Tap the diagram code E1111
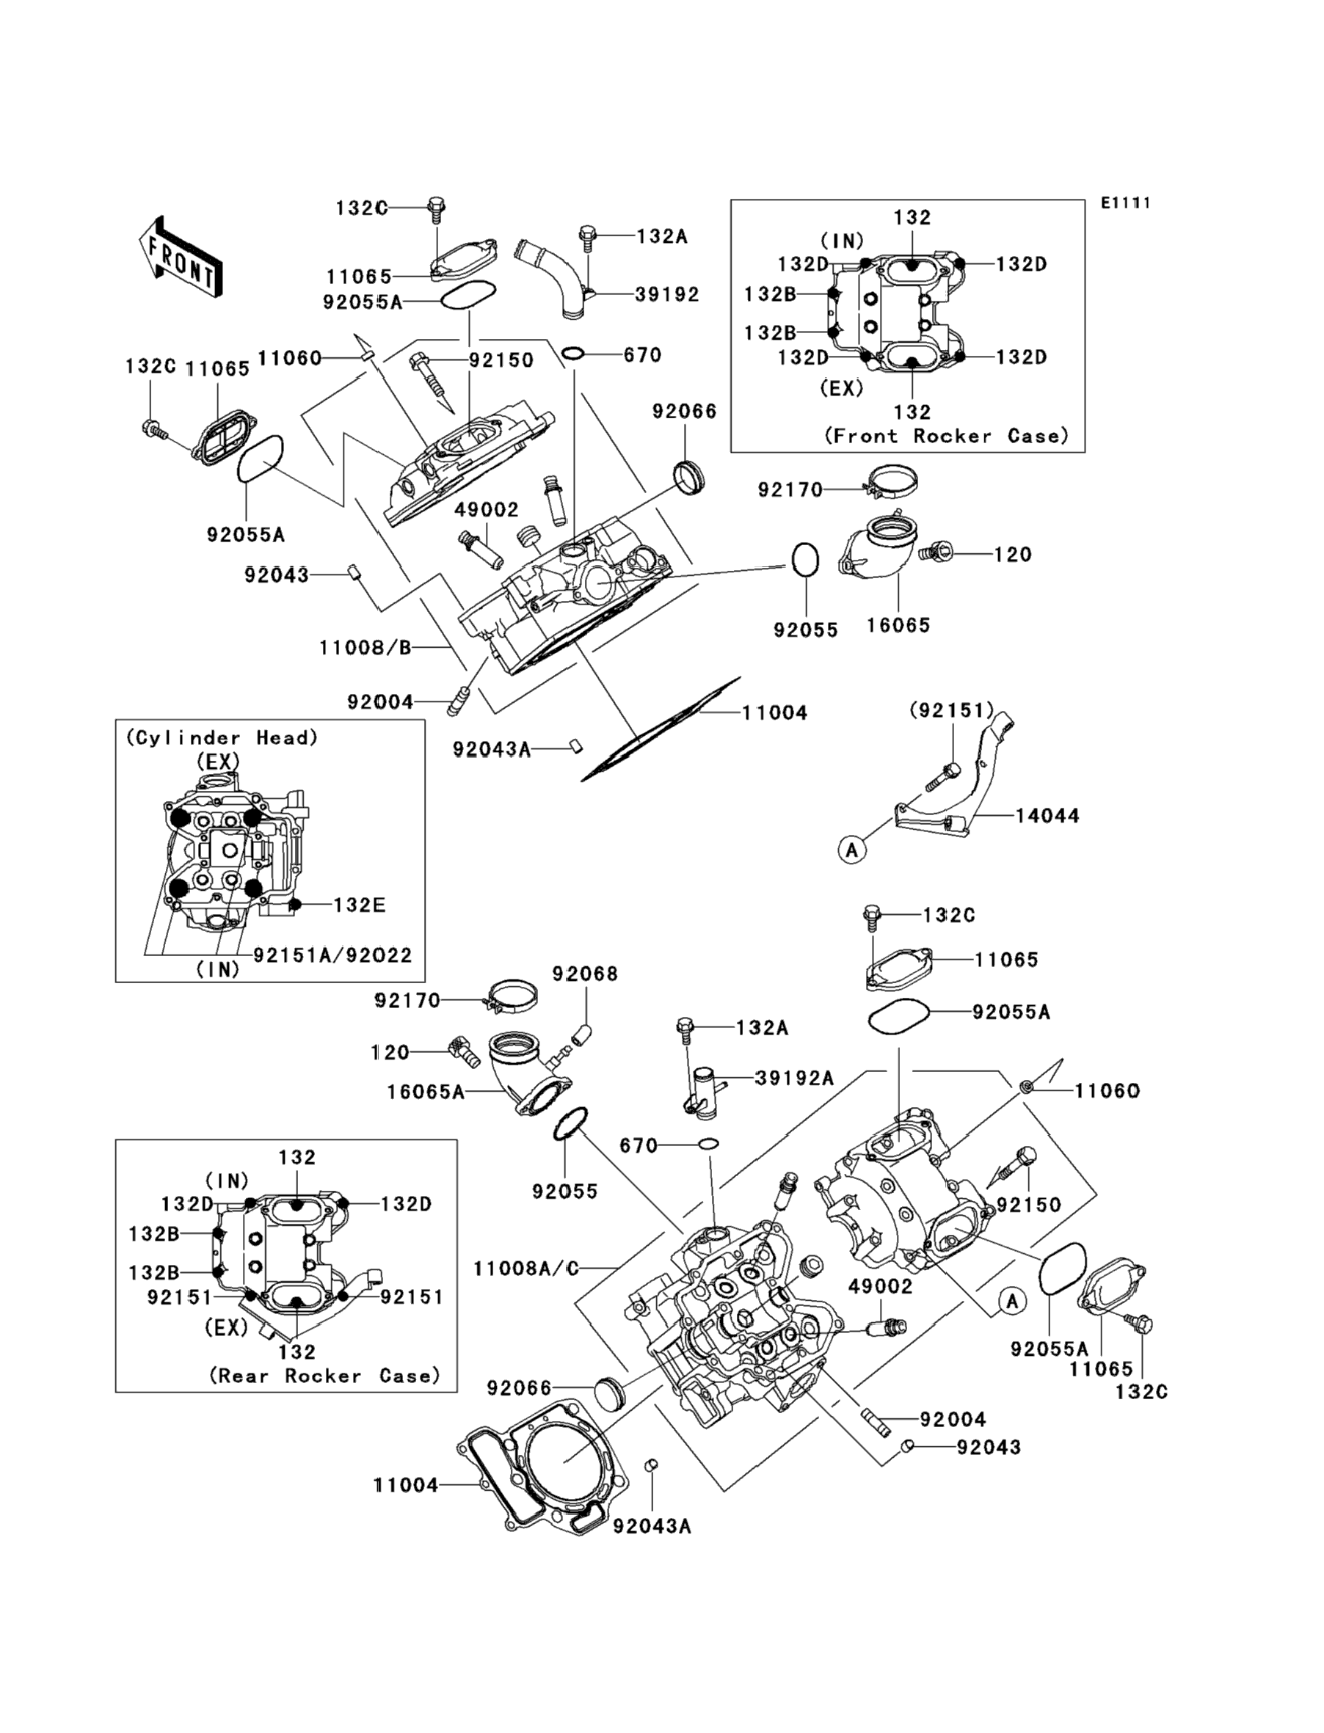pos(1125,203)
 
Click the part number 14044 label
pos(1047,816)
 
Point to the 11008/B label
pos(365,648)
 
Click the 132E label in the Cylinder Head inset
pos(360,905)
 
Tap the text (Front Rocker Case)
pos(947,436)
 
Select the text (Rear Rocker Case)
pos(324,1376)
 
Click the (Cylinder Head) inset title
pos(222,737)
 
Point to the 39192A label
pos(793,1078)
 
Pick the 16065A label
pos(426,1092)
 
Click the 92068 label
pos(585,974)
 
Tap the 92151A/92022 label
pos(332,955)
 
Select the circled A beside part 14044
pos(851,850)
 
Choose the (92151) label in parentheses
pos(951,710)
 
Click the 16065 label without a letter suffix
pos(898,624)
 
